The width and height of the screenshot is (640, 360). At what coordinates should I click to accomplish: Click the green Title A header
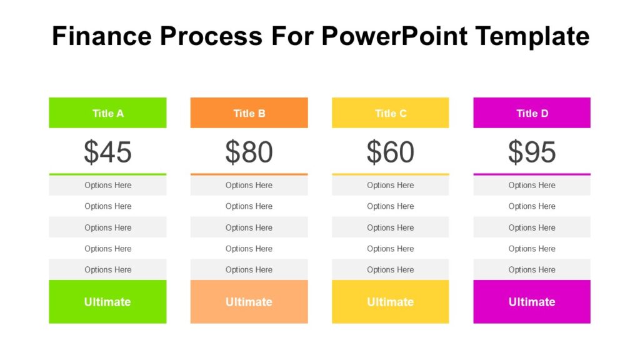pos(107,113)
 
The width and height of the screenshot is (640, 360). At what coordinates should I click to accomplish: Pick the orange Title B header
pos(249,113)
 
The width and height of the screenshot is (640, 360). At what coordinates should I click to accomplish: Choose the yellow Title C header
pos(390,113)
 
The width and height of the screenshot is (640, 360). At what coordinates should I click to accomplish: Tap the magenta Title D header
pos(532,113)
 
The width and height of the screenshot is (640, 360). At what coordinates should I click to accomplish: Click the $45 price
pos(107,152)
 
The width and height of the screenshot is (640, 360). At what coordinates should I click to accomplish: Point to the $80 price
pos(249,152)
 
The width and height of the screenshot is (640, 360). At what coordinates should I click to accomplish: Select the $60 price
pos(390,152)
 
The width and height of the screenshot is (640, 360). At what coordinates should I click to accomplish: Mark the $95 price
pos(532,152)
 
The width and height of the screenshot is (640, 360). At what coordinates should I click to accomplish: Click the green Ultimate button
pos(107,302)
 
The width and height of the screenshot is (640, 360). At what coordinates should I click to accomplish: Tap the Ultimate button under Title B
pos(249,302)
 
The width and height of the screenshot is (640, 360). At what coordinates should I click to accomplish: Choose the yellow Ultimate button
pos(390,302)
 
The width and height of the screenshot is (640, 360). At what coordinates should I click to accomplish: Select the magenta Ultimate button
pos(532,302)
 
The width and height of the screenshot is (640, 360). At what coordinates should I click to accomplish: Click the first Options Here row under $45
pos(107,185)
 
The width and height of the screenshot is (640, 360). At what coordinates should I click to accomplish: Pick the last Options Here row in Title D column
pos(532,270)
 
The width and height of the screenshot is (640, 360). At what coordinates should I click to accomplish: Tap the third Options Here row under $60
pos(390,227)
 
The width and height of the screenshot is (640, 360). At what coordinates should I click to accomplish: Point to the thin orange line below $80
pos(249,174)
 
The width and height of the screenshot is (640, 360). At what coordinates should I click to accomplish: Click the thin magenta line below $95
pos(532,174)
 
